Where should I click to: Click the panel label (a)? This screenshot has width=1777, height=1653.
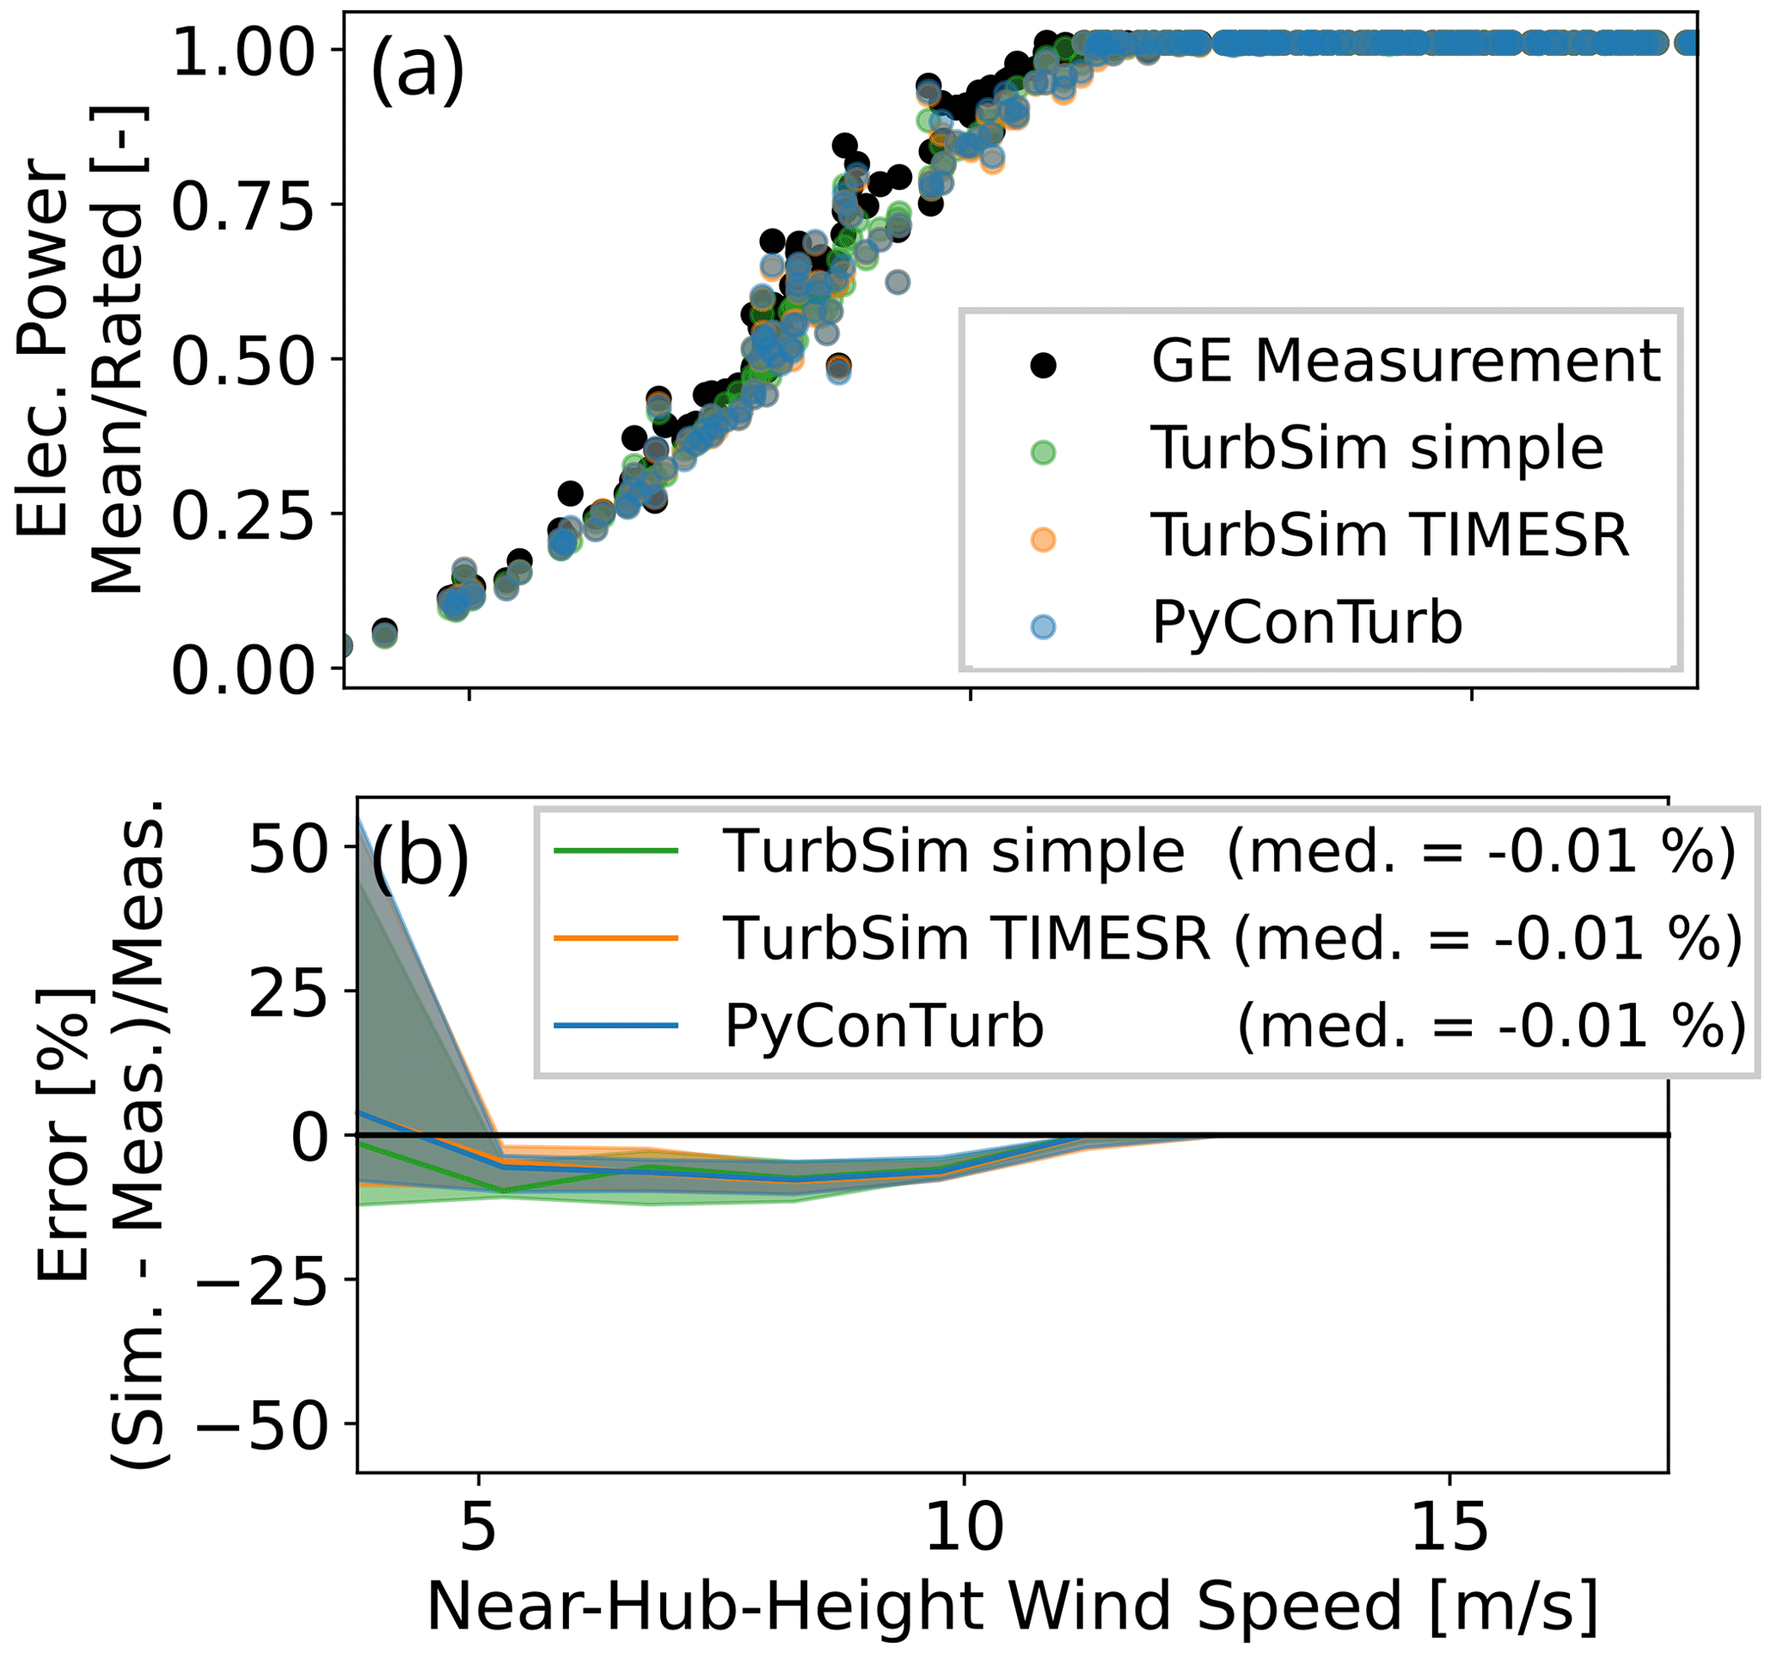tap(417, 71)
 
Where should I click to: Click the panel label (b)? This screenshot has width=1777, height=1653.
tap(420, 856)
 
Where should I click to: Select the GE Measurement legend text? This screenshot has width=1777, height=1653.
tap(1405, 362)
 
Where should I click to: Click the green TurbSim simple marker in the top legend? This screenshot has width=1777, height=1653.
tap(1042, 452)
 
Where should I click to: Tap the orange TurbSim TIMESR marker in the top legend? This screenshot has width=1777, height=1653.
tap(1042, 540)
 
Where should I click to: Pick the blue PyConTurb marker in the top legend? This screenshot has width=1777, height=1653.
tap(1042, 626)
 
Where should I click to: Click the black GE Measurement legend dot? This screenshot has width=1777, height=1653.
tap(1042, 364)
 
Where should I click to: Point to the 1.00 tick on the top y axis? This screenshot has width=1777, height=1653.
tap(243, 49)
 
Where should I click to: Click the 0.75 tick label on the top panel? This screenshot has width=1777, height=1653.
tap(243, 204)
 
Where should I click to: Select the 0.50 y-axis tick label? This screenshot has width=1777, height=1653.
tap(243, 360)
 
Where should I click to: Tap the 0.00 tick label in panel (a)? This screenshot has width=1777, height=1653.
tap(243, 670)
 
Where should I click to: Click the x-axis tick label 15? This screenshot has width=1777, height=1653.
tap(1448, 1528)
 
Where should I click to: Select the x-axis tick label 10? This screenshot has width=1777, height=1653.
tap(964, 1528)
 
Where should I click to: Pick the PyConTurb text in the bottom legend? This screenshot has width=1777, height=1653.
tap(883, 1026)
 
